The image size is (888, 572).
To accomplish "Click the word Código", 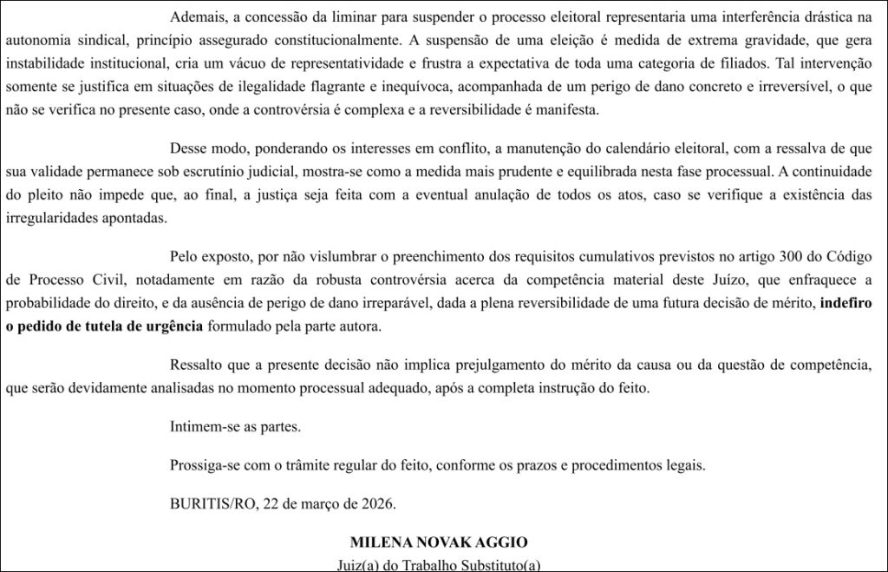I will (x=849, y=257).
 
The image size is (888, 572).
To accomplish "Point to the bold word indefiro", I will (x=846, y=303).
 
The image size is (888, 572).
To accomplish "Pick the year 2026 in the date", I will (x=377, y=503).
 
